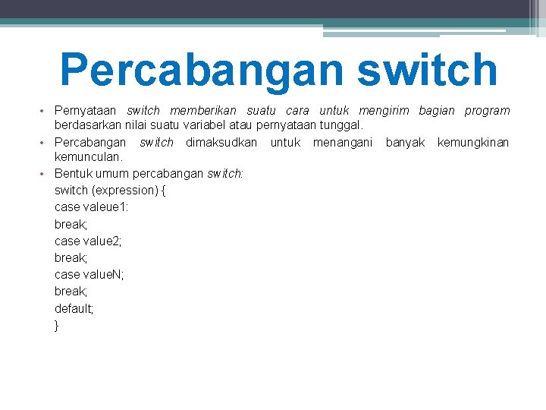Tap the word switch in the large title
tap(427, 69)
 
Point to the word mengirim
tap(384, 111)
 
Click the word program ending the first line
tap(487, 111)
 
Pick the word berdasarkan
tap(83, 125)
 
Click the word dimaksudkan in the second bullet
tap(221, 142)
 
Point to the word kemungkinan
tap(473, 142)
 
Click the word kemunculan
tap(88, 156)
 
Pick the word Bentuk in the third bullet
tap(71, 173)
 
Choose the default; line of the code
tap(74, 308)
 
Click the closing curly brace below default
tap(57, 325)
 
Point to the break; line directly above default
tap(71, 292)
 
